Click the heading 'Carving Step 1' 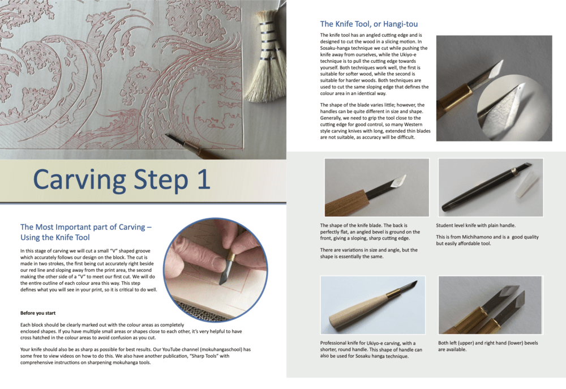(121, 179)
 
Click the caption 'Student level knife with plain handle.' (475, 225)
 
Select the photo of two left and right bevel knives (490, 305)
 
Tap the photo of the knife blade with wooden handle (376, 187)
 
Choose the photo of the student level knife (490, 187)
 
